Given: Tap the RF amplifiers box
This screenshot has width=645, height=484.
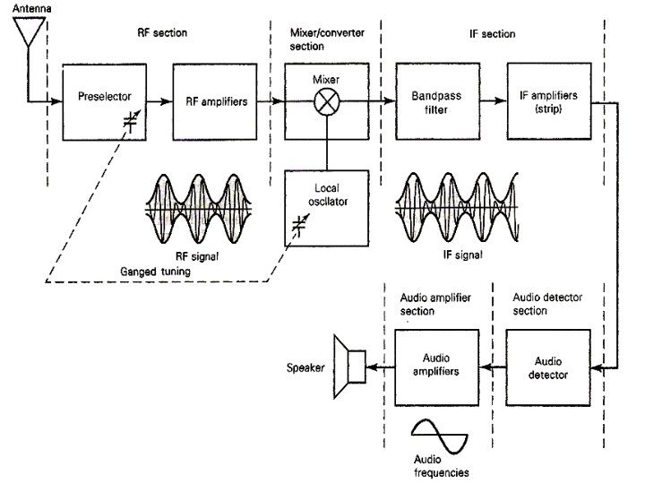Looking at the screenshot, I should coord(208,100).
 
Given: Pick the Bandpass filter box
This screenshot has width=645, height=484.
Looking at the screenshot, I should coord(434,100).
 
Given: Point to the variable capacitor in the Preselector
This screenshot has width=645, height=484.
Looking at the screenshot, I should coord(131,125).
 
